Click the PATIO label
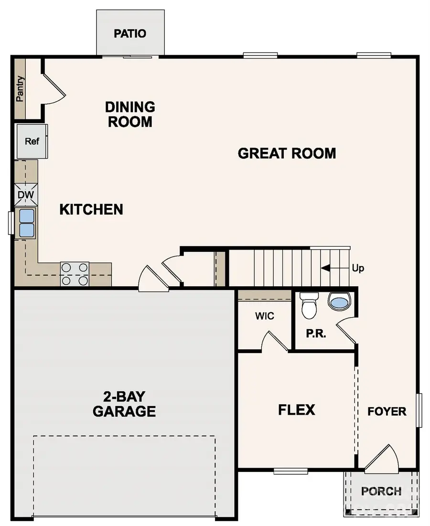130,34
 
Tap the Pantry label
20,89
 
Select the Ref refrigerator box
32,141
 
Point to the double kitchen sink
27,223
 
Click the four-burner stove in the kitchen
75,274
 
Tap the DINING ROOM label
130,114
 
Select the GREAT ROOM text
287,153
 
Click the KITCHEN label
91,209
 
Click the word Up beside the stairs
358,268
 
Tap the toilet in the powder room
309,306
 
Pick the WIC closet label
264,316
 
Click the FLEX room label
297,409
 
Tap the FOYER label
387,411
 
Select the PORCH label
381,491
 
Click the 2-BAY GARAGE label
124,404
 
